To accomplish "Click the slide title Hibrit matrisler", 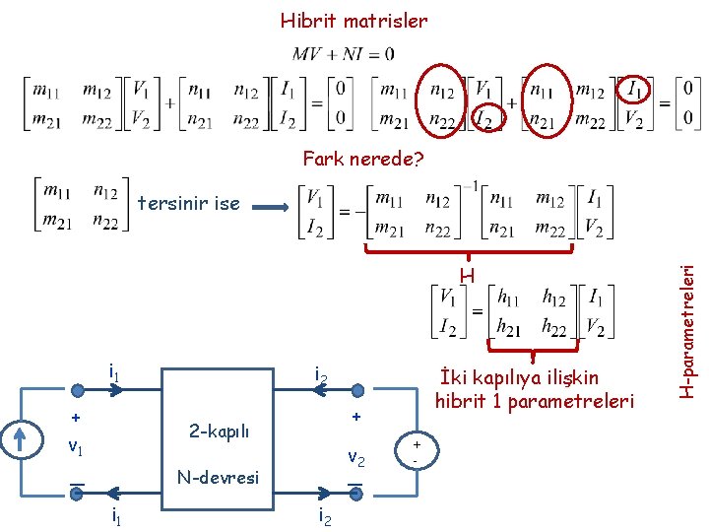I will pos(354,20).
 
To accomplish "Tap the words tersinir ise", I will pos(189,204).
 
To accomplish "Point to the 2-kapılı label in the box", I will pos(219,431).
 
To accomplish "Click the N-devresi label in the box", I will pos(218,478).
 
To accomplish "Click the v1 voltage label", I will pos(75,446).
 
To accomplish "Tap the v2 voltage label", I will pos(356,457).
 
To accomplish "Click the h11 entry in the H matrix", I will pos(510,297).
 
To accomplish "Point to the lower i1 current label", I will pos(115,516).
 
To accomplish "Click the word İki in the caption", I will pos(451,376).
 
